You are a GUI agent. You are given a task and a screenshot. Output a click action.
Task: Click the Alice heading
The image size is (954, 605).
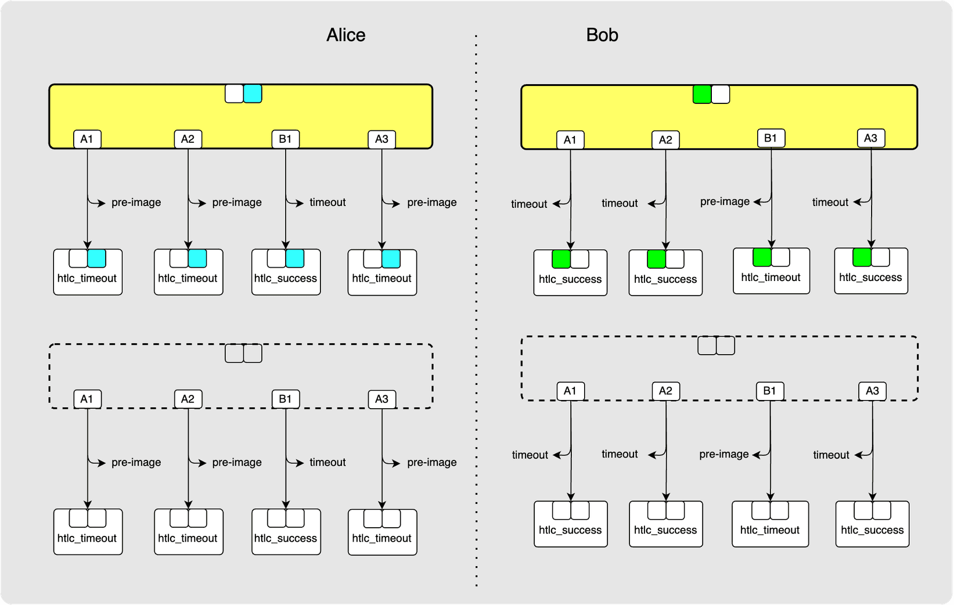click(345, 35)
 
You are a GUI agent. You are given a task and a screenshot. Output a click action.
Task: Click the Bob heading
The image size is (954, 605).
click(602, 35)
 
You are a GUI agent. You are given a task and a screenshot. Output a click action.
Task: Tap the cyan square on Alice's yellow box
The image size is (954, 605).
click(253, 93)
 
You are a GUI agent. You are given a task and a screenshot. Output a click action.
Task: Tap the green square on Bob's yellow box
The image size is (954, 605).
click(702, 94)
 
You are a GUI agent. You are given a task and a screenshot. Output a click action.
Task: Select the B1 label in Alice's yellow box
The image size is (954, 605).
click(285, 139)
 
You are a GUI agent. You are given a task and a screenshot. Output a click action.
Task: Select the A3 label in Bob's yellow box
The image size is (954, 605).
click(870, 138)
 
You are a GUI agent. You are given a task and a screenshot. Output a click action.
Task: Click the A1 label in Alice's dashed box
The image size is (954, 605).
click(87, 399)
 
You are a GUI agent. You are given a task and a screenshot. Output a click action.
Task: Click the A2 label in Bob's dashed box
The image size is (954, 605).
click(665, 391)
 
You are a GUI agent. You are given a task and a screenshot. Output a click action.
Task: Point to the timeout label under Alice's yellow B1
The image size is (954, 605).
click(327, 202)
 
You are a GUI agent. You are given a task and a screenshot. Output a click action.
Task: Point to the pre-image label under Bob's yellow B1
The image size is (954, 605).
click(724, 201)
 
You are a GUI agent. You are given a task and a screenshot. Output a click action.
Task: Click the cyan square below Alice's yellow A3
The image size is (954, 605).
click(391, 259)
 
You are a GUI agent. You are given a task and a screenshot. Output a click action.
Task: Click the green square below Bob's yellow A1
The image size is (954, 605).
click(561, 259)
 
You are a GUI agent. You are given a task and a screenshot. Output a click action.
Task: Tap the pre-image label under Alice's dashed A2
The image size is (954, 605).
click(237, 462)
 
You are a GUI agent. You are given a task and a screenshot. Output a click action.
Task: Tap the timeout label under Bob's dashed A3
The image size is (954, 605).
click(831, 455)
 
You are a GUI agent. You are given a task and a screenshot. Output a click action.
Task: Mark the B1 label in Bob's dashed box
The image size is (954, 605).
click(769, 391)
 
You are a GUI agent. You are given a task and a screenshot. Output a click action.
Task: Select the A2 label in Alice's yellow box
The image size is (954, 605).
click(188, 139)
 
